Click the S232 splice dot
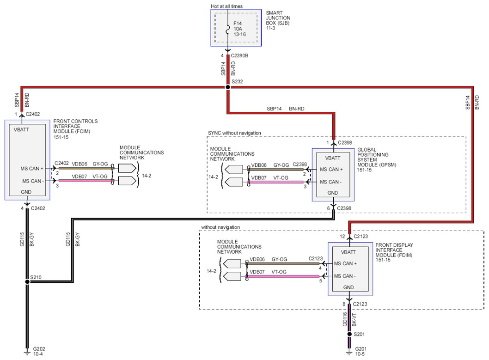coord(228,87)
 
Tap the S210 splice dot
coord(27,282)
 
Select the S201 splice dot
coord(349,334)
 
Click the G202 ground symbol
coord(27,353)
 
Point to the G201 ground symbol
coord(349,353)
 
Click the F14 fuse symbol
coord(228,29)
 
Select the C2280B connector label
coord(239,55)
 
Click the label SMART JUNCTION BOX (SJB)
coord(278,18)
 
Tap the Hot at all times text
coord(226,6)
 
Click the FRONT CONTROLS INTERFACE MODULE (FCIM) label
coord(75,126)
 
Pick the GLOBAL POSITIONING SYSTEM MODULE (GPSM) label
coord(377,157)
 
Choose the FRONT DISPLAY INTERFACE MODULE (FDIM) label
coord(394,250)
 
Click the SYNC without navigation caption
coord(234,133)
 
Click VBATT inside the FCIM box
coord(21,129)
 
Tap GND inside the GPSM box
coord(333,193)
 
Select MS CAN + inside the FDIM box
coord(345,264)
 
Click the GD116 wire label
coord(345,319)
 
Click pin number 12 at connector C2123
coord(342,236)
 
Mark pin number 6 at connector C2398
coord(329,208)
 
